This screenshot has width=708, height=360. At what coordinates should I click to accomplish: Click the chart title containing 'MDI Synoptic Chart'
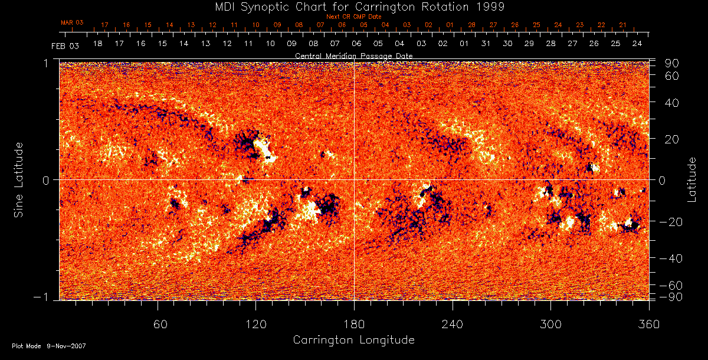tap(354, 7)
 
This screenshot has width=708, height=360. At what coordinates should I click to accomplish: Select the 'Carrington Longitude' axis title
tap(353, 340)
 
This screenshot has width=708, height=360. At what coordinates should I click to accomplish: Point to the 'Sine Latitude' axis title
tap(19, 179)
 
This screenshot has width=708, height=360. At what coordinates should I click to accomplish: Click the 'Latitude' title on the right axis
tap(691, 179)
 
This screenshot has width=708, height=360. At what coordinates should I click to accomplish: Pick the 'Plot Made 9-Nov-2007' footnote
tap(49, 346)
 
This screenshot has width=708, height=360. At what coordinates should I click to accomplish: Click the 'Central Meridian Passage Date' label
tap(353, 55)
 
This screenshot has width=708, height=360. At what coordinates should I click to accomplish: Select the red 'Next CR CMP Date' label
tap(353, 17)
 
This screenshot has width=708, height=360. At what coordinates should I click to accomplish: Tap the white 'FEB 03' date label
tap(65, 45)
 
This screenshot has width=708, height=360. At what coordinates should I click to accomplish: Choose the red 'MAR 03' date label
tap(72, 22)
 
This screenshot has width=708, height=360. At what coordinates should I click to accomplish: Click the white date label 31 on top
tap(486, 44)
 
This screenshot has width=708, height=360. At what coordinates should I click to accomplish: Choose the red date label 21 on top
tap(622, 25)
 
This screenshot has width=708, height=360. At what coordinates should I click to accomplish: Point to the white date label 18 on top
tap(97, 44)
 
